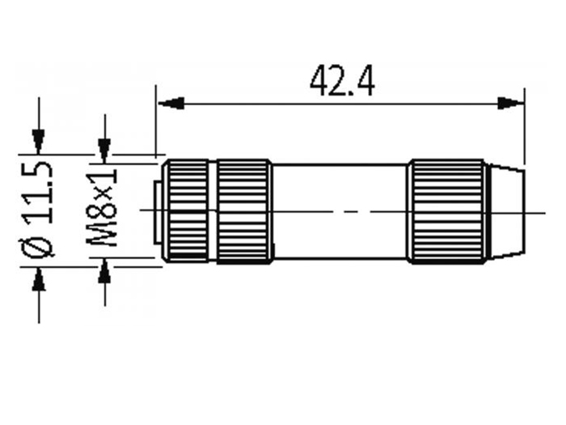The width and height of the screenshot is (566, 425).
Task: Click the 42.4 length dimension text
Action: [x=342, y=81]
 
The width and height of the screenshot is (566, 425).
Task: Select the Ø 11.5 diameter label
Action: [x=37, y=210]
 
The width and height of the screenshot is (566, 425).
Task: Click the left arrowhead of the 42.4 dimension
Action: [x=171, y=104]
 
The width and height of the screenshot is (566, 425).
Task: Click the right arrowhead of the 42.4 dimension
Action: [x=510, y=104]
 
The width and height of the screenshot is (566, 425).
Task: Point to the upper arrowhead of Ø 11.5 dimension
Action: [x=38, y=142]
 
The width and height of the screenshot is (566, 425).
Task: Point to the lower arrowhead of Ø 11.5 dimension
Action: [x=39, y=279]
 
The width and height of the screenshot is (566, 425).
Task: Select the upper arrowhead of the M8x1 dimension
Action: [x=104, y=151]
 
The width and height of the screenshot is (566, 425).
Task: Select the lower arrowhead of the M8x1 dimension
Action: [x=104, y=270]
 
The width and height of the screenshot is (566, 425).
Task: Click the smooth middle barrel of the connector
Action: [x=340, y=212]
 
